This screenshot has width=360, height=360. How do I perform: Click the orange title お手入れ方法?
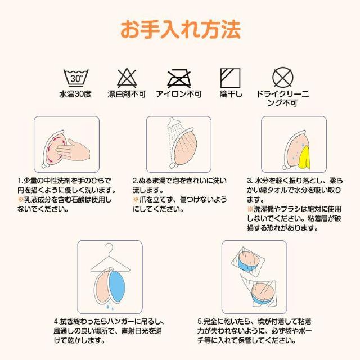click(x=180, y=27)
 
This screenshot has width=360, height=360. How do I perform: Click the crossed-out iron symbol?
click(x=178, y=76)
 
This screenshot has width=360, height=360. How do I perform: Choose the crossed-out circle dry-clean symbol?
click(x=282, y=76)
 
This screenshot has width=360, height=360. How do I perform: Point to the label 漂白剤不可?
click(x=127, y=94)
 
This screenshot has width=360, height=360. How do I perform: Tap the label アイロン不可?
click(x=178, y=94)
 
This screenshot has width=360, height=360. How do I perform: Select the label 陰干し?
click(x=231, y=94)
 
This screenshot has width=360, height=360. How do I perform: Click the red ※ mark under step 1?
click(x=20, y=199)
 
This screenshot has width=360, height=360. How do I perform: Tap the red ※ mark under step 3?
click(x=250, y=209)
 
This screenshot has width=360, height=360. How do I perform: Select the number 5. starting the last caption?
click(x=201, y=322)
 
